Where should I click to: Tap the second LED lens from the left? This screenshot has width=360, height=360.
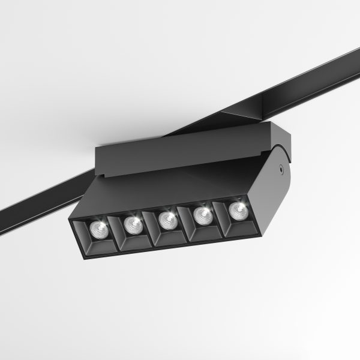pos(132,224)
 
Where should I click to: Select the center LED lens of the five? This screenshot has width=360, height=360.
pos(168,219)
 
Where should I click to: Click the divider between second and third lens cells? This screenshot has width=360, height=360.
pos(151,228)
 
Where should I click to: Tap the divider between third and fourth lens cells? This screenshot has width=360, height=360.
pos(186,223)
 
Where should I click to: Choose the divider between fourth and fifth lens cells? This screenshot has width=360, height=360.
pos(221,217)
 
